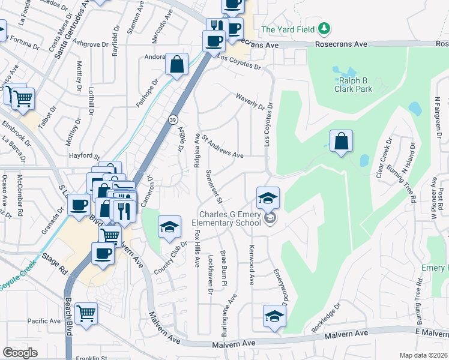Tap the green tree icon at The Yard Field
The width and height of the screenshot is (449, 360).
(x=324, y=28)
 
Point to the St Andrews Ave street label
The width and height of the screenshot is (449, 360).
(x=223, y=147)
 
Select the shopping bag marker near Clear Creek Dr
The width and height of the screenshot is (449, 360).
(x=341, y=142)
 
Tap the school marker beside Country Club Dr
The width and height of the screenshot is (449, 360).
(x=170, y=227)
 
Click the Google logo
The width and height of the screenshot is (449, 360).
(x=20, y=353)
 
